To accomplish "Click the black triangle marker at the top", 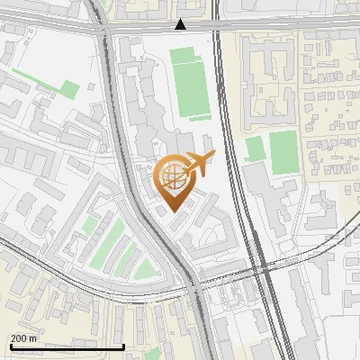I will click(181, 25).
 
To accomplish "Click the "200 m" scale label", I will click(24, 337).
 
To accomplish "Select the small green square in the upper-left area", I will click(69, 88).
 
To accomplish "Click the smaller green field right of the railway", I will click(256, 148).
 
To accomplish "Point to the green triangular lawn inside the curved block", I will click(145, 268).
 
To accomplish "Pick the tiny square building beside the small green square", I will click(92, 86).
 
